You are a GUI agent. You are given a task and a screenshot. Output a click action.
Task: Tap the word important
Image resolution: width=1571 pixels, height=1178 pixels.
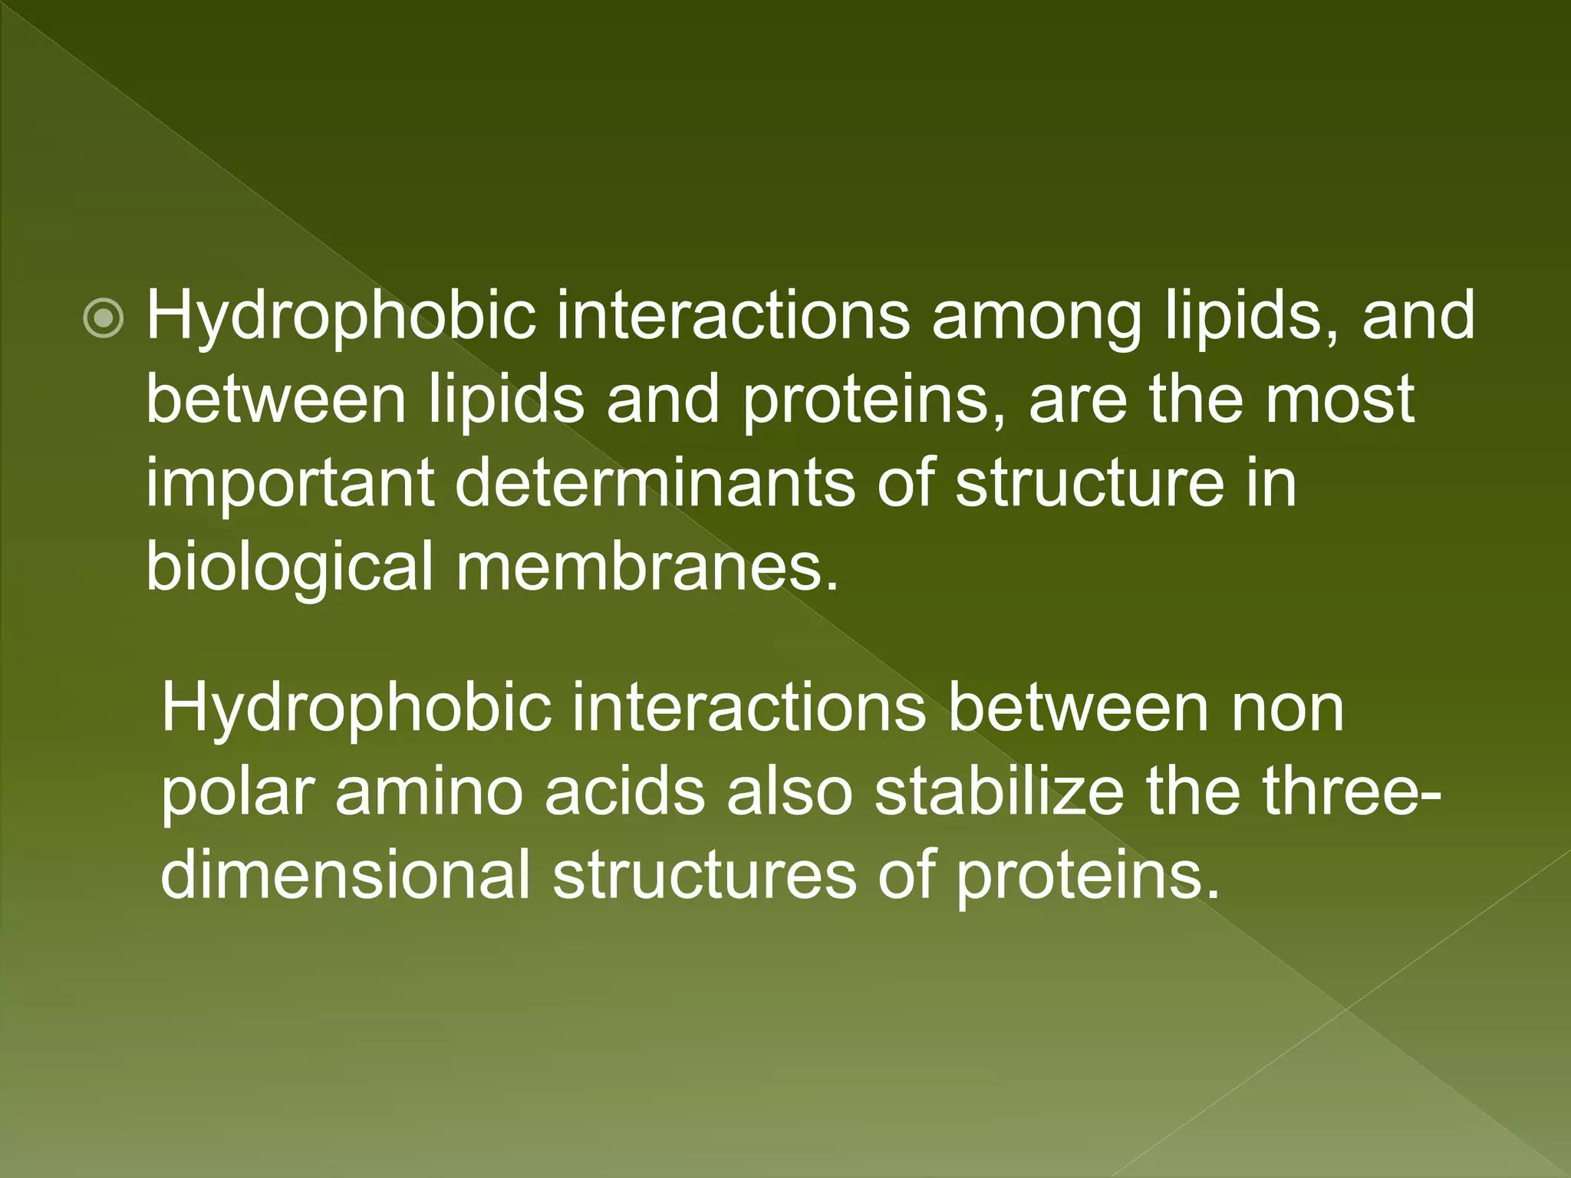click(x=290, y=485)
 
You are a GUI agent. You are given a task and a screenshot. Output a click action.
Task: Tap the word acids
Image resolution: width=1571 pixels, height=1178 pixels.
click(x=624, y=792)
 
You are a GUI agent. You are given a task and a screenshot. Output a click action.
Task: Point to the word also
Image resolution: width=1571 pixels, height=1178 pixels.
click(x=789, y=792)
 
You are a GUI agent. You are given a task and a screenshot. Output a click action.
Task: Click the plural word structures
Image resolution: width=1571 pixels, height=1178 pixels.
click(x=703, y=875)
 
